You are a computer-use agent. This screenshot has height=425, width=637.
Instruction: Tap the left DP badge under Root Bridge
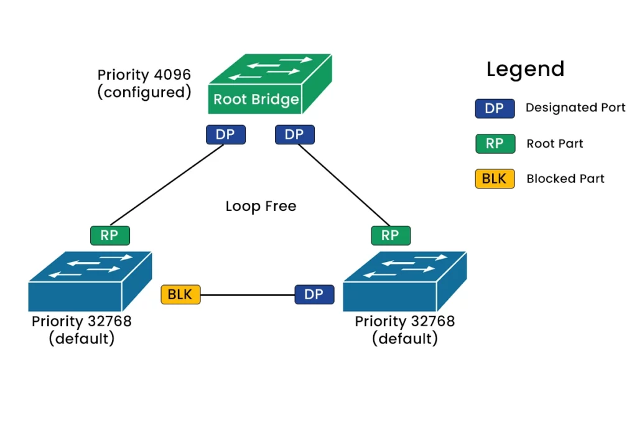(x=225, y=134)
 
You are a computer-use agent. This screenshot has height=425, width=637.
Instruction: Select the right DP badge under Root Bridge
(x=294, y=134)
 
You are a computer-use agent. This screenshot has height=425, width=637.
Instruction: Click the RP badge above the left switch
(x=109, y=235)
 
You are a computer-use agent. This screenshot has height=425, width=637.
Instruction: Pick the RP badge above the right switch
(x=391, y=235)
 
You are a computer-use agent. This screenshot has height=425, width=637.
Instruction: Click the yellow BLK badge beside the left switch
(x=180, y=294)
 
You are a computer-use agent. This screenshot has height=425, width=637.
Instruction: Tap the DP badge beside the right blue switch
(x=314, y=294)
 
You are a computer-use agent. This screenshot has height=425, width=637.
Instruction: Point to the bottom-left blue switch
(x=90, y=281)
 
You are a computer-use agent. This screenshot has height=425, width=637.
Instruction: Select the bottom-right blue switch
(x=404, y=281)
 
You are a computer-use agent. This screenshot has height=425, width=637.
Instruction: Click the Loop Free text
(x=261, y=206)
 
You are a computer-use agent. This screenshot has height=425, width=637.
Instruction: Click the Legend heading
(x=525, y=68)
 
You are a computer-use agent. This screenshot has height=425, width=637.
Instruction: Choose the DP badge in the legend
(x=495, y=108)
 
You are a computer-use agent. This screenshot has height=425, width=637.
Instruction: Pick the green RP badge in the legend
(x=495, y=143)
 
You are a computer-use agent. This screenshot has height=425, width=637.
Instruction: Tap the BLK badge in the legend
(x=495, y=179)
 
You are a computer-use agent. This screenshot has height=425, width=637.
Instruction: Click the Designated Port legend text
(x=575, y=107)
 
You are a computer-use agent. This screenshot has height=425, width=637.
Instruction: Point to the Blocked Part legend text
(x=565, y=179)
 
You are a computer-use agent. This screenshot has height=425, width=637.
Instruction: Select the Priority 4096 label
(x=144, y=74)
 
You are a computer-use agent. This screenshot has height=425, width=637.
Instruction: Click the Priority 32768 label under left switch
(x=81, y=321)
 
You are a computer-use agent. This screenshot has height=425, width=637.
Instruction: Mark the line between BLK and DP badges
(x=248, y=294)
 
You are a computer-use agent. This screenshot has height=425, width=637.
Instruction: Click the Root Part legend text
(x=554, y=143)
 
